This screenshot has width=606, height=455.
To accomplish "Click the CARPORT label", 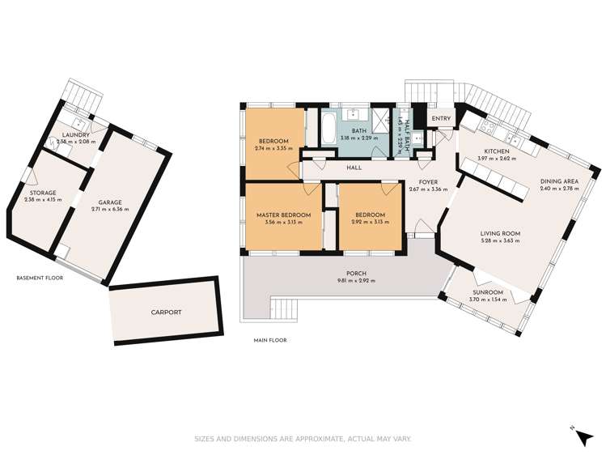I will [165, 312].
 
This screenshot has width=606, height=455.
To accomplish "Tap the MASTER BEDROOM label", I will [282, 215].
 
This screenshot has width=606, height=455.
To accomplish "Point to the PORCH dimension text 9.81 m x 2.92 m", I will [352, 280].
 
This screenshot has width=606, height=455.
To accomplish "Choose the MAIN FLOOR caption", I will [269, 340].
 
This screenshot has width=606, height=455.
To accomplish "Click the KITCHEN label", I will [496, 151].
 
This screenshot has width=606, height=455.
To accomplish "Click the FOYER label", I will [428, 182].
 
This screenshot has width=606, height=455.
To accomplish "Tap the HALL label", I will [354, 168].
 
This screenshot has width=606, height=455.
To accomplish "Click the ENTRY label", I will [441, 119].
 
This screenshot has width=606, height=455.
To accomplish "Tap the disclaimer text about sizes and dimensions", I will [303, 440].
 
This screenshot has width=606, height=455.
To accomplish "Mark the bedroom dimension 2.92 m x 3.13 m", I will [369, 223].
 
